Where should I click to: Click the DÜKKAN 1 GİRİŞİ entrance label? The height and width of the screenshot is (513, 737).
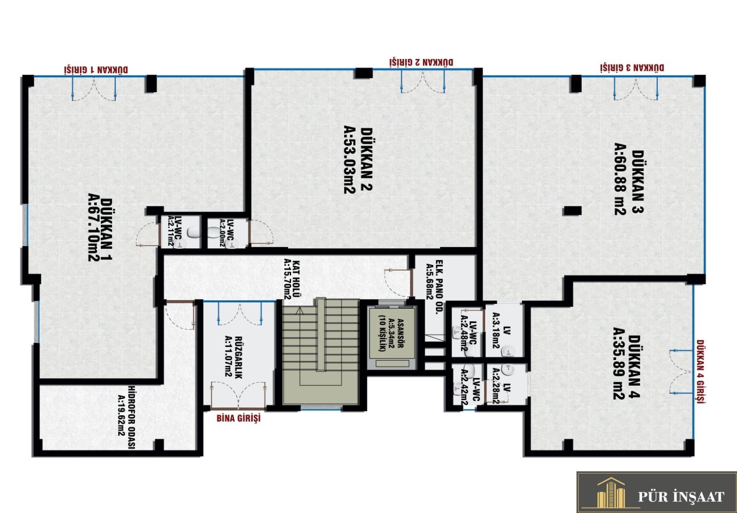pyautogui.click(x=96, y=70)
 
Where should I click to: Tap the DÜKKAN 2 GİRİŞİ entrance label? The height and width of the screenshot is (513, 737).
pyautogui.click(x=421, y=62)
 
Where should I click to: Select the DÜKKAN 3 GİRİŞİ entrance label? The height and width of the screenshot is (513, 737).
pyautogui.click(x=632, y=67)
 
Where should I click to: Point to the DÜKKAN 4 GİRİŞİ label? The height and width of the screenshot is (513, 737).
pyautogui.click(x=701, y=371)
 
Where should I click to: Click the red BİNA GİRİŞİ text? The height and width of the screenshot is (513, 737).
pyautogui.click(x=239, y=418)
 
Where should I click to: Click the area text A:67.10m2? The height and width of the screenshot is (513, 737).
pyautogui.click(x=94, y=227)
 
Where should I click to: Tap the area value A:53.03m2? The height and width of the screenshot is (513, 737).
pyautogui.click(x=350, y=159)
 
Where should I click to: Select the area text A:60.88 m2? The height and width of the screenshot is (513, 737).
pyautogui.click(x=620, y=179)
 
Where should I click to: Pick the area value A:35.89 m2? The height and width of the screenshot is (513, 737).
pyautogui.click(x=619, y=364)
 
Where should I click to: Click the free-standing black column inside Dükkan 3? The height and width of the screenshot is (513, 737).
pyautogui.click(x=572, y=211)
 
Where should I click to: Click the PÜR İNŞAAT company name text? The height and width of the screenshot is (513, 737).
pyautogui.click(x=681, y=496)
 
